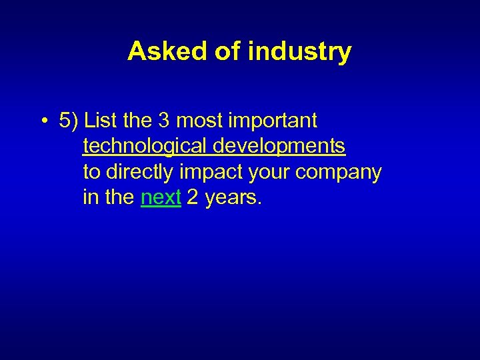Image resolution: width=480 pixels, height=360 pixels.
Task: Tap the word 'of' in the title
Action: [x=226, y=51]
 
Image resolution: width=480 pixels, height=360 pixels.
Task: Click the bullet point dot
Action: [x=42, y=122]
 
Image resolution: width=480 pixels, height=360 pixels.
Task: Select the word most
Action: [x=200, y=121]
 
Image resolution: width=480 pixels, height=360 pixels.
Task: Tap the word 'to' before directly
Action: [x=91, y=172]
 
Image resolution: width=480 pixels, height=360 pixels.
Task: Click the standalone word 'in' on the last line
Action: [x=89, y=197]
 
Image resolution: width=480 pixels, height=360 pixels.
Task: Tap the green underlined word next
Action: [x=161, y=198]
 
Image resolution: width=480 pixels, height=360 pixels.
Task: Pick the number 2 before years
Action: [x=193, y=197]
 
